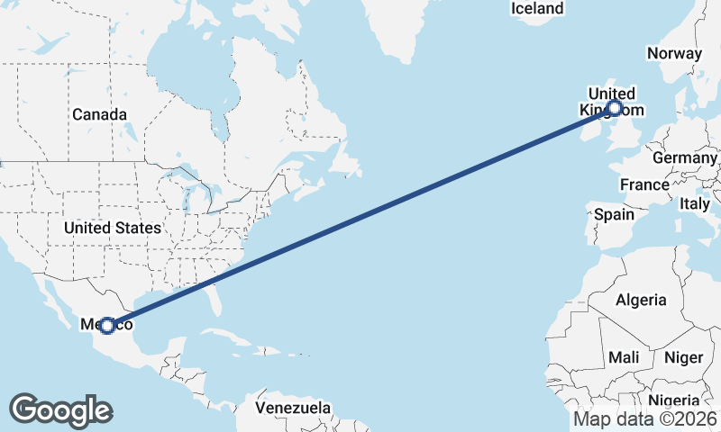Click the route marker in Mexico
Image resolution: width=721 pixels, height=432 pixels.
(x=107, y=325)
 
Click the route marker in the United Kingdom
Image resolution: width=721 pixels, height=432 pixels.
(x=615, y=109)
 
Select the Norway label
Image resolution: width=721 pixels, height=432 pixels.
(x=674, y=53)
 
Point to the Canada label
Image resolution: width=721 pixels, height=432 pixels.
(x=99, y=114)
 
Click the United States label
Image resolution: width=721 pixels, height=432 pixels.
(x=112, y=228)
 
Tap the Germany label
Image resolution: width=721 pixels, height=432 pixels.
(x=685, y=157)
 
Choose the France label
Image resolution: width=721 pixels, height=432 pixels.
(x=644, y=184)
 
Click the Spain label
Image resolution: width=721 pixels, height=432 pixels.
(x=615, y=215)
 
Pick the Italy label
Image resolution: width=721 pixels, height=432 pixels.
(x=695, y=204)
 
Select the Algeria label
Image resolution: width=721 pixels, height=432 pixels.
(x=641, y=300)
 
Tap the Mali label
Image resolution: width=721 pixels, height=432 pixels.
(x=624, y=357)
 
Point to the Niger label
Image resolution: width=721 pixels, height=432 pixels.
(x=683, y=357)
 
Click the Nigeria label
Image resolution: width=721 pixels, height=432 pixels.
(x=673, y=400)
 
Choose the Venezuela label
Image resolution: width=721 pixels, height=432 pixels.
(x=292, y=408)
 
